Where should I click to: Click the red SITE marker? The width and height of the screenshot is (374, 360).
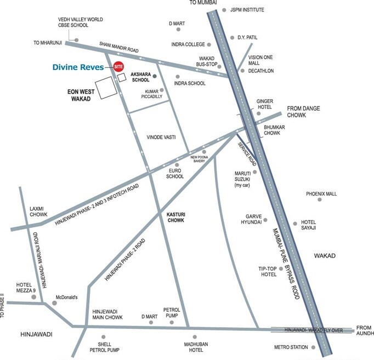[x=118, y=67]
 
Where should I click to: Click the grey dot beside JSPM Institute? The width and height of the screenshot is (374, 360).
[x=224, y=10]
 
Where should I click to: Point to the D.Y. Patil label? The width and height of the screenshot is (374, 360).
[x=247, y=37]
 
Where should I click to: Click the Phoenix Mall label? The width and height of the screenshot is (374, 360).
[x=322, y=194]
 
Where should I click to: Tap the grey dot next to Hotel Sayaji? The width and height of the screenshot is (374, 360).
[x=296, y=223]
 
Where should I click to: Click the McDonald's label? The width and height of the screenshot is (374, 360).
[x=67, y=298]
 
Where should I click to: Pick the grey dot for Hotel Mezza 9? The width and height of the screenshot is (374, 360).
[x=33, y=298]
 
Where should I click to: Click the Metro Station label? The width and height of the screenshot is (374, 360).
[x=291, y=347]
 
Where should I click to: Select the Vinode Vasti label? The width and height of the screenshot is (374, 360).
[x=161, y=137]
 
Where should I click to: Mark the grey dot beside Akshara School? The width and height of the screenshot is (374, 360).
[x=154, y=76]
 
